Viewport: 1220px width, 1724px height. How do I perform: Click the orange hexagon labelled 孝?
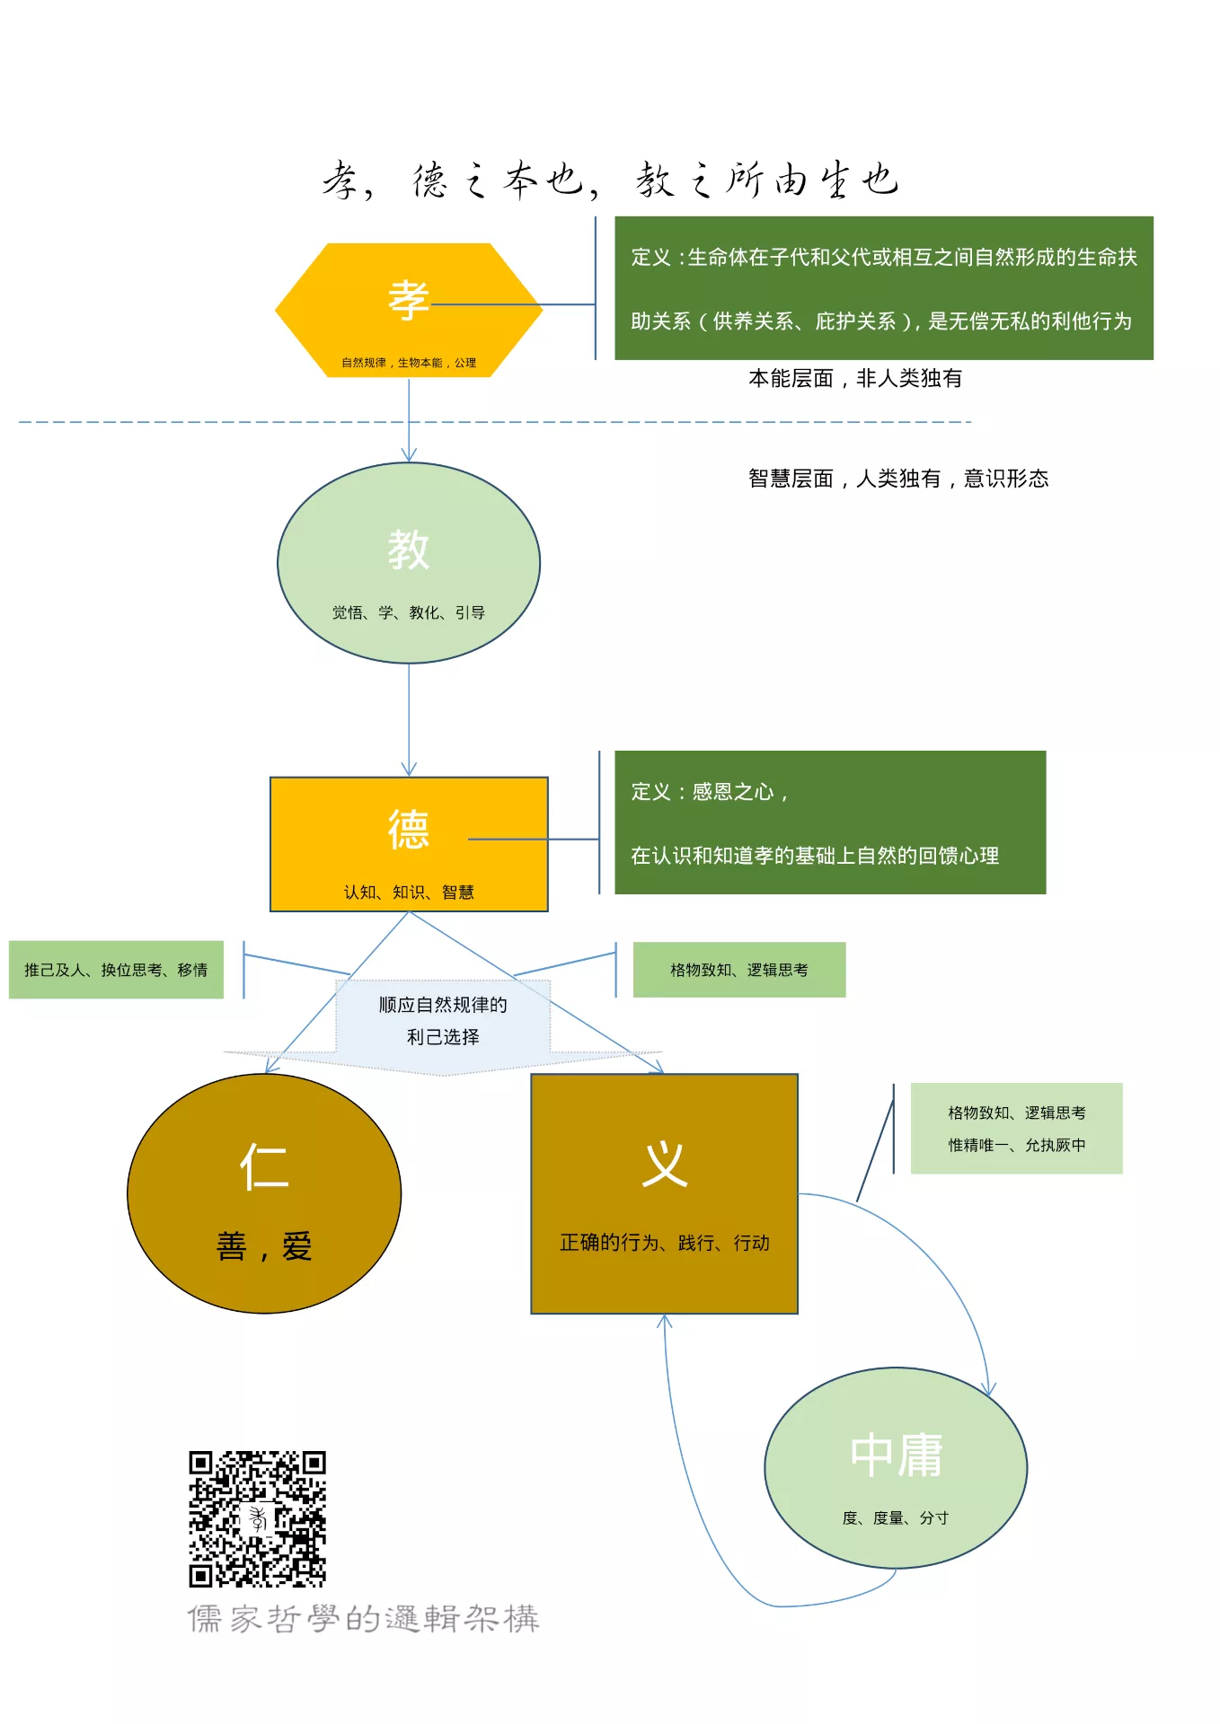409,310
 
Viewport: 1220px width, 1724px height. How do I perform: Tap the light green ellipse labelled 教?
409,563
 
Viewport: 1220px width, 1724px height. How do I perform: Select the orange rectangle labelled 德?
409,844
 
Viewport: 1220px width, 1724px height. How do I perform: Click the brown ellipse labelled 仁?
264,1193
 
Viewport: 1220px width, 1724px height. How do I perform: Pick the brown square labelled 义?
664,1193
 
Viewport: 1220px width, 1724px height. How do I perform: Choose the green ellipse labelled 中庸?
896,1468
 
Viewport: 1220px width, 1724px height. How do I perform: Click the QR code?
257,1518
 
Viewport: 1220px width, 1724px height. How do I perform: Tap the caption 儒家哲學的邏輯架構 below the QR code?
363,1619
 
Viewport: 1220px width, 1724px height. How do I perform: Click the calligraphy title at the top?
611,180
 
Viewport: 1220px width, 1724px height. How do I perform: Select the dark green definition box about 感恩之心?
830,822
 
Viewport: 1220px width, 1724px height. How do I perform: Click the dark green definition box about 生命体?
884,288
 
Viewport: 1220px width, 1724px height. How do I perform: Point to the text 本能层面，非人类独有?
855,379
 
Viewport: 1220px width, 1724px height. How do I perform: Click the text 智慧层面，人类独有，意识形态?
898,479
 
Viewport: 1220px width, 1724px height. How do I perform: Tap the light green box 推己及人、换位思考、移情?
116,970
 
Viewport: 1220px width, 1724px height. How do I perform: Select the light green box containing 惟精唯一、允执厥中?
1017,1129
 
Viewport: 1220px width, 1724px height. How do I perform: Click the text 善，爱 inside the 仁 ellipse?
264,1246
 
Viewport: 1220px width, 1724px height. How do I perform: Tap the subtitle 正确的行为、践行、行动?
664,1243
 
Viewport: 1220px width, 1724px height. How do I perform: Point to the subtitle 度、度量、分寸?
896,1517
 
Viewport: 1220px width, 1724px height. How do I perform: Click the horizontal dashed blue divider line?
495,421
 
